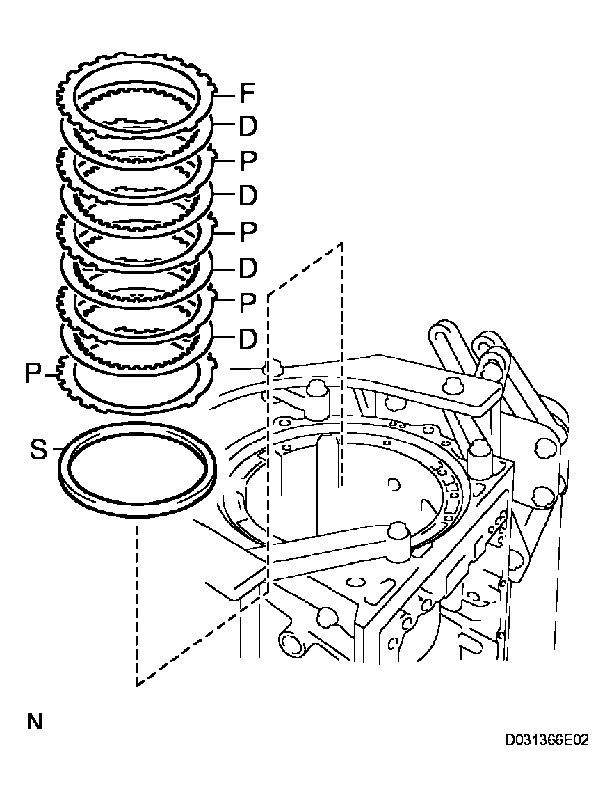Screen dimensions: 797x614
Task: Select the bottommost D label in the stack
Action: (x=248, y=339)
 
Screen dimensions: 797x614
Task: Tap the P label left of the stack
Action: (x=33, y=374)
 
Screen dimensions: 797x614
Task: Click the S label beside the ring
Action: (x=38, y=450)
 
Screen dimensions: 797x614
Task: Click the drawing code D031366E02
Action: (x=547, y=739)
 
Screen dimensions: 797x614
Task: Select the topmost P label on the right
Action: (x=248, y=162)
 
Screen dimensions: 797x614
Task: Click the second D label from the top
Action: (x=248, y=196)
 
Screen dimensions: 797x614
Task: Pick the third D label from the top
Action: (x=248, y=267)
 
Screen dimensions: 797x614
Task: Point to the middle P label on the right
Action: (x=248, y=232)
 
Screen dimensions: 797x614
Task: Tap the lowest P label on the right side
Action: (x=248, y=303)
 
